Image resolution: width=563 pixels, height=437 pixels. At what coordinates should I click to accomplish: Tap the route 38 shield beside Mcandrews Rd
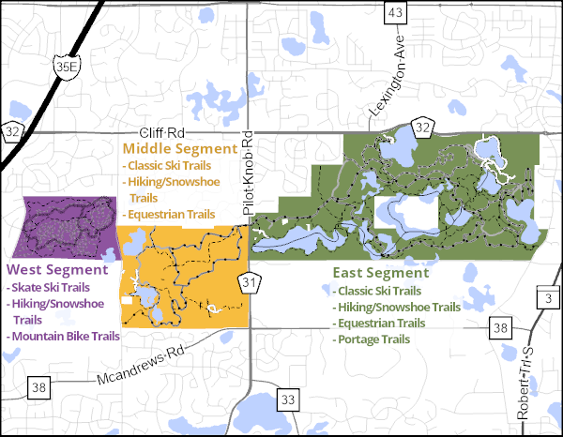tap(38, 386)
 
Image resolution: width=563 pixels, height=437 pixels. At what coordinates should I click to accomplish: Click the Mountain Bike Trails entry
tap(65, 336)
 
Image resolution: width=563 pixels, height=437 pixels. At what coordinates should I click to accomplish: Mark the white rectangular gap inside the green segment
tap(405, 211)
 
